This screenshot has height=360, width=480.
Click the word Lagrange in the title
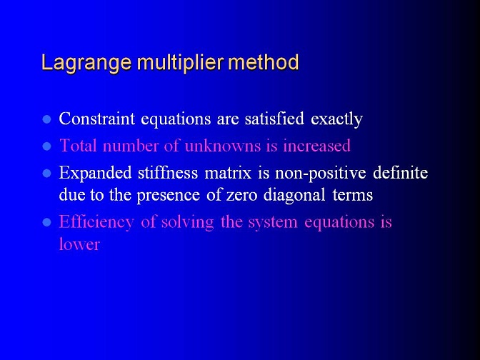point(86,64)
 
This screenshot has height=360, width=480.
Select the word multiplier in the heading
point(180,62)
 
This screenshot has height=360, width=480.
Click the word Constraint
point(96,118)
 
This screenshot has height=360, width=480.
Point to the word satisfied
point(274,118)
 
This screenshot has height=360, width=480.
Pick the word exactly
point(336,119)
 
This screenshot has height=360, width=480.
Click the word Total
point(78,145)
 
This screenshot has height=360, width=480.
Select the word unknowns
point(223,145)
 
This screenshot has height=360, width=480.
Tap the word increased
point(316,145)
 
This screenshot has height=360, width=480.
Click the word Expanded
point(95,172)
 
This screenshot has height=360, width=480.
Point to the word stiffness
point(168,172)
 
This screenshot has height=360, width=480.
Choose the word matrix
point(228,172)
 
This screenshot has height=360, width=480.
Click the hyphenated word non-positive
point(321,174)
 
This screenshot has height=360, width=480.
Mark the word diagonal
point(294,195)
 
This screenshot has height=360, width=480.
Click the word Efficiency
point(96,222)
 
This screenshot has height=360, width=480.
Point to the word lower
point(79,244)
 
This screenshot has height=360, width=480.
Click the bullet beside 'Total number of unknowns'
point(46,146)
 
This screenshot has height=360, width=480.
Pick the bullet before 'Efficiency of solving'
point(46,222)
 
